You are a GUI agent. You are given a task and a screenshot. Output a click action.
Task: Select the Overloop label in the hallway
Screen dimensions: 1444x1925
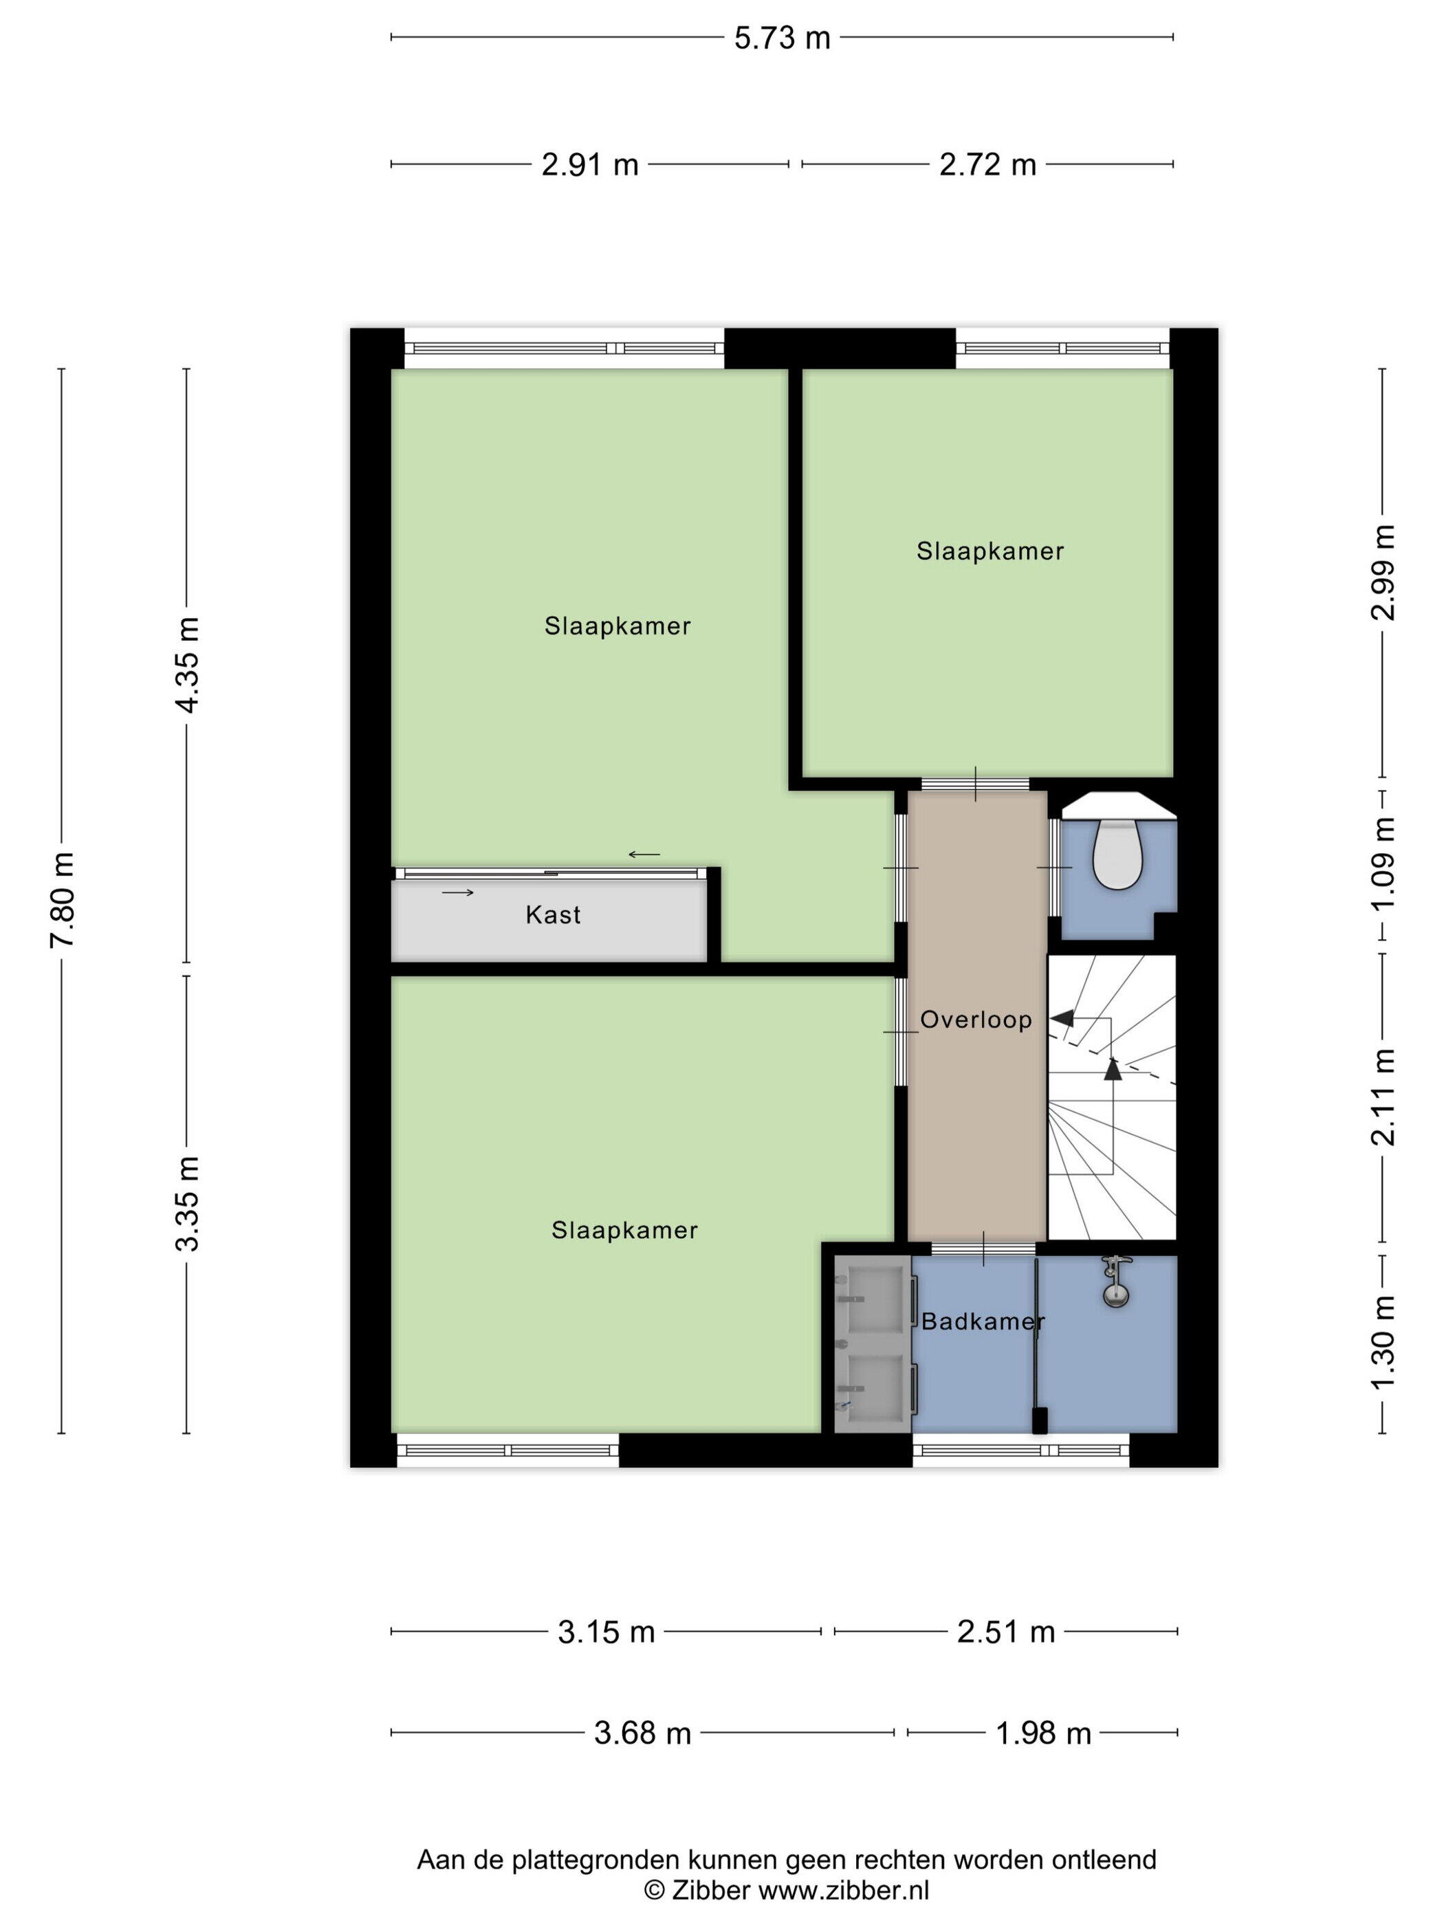coord(976,1020)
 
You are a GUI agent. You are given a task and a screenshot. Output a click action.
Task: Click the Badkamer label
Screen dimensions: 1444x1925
coord(983,1322)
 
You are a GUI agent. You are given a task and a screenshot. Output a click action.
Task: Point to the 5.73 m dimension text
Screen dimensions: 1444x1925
coord(782,38)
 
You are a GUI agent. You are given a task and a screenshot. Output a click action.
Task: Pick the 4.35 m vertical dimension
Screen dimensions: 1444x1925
coord(187,664)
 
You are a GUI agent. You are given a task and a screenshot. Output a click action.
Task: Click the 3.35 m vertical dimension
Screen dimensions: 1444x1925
coord(187,1204)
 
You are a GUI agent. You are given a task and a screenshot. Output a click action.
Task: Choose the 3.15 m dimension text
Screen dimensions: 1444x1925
coord(606,1633)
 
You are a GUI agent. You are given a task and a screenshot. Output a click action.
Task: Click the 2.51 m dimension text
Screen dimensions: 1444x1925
coord(1005,1633)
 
